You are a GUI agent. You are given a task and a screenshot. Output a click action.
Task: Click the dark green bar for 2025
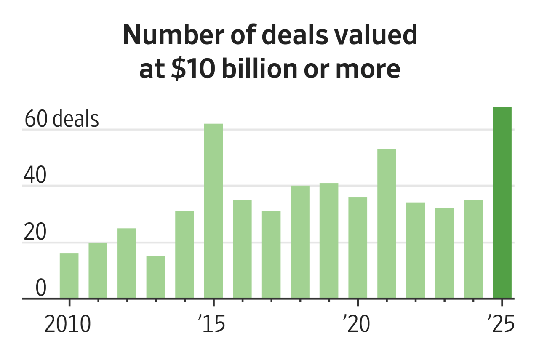[502, 203]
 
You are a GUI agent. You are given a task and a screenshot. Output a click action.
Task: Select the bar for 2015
[213, 211]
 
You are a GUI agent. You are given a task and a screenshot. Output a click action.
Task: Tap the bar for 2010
[69, 276]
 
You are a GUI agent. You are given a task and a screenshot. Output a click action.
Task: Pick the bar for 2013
[156, 277]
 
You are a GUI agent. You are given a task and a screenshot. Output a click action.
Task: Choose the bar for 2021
[387, 224]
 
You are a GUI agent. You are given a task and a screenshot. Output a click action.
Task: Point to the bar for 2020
[358, 248]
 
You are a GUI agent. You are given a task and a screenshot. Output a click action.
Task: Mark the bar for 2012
[127, 263]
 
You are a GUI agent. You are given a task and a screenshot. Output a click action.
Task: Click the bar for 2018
[300, 242]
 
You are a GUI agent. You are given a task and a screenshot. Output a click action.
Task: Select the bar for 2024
[473, 249]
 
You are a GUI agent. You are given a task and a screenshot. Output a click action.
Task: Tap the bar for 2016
[242, 249]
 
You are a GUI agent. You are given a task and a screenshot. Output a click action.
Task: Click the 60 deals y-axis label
[61, 120]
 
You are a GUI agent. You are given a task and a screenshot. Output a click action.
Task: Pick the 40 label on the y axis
[35, 176]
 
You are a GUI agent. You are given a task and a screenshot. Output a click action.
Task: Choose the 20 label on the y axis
[35, 233]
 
